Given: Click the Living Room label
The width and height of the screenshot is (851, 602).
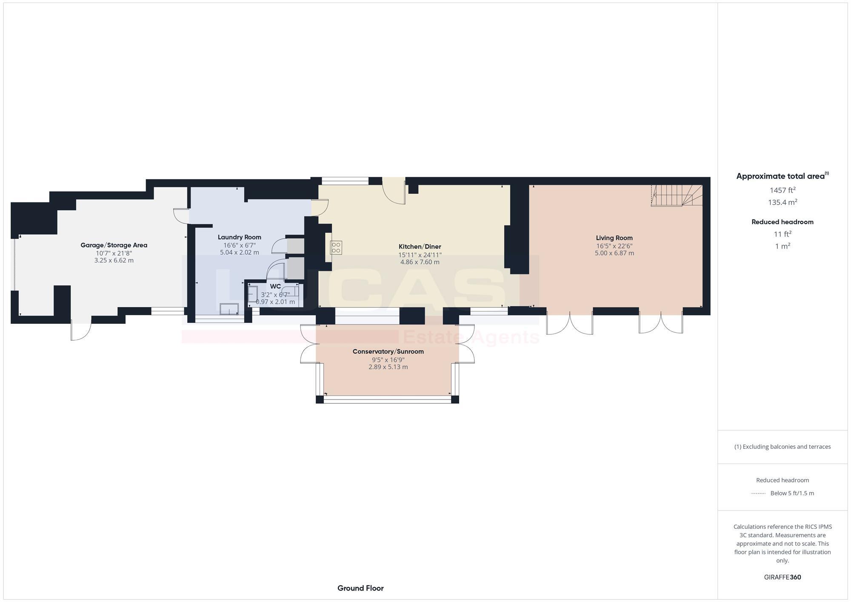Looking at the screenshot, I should pos(614,238).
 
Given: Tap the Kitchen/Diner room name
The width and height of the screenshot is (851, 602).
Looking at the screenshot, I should pos(420,246).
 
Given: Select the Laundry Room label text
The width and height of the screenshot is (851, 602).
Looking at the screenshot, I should pos(239,237).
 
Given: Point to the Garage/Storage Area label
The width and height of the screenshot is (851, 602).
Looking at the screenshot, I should pos(114,245).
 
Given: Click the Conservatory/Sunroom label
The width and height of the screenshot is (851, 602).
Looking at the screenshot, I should pos(388,351).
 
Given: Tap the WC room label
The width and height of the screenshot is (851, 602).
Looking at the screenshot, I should pos(275,286).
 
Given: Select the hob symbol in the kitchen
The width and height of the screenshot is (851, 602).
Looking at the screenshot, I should pos(336,248).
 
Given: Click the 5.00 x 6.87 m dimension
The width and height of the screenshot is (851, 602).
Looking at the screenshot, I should pos(614,253).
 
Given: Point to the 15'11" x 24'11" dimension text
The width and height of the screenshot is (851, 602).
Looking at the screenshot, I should pos(420,255).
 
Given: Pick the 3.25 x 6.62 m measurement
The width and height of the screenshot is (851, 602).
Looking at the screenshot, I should pos(114,260).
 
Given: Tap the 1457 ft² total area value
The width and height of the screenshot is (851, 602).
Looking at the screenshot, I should pos(782,190).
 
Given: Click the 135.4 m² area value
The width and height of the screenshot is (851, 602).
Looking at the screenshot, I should pos(782,203).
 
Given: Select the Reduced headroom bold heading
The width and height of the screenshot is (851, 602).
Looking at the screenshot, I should pos(782,222).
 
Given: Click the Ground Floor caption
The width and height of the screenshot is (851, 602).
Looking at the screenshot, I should pos(360,588).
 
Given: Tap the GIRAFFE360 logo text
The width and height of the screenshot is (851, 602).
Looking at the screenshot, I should pos(782,577).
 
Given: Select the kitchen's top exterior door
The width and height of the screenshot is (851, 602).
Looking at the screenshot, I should pos(394,191).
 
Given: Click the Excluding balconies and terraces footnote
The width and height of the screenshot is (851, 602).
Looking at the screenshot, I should pos(782,447).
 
